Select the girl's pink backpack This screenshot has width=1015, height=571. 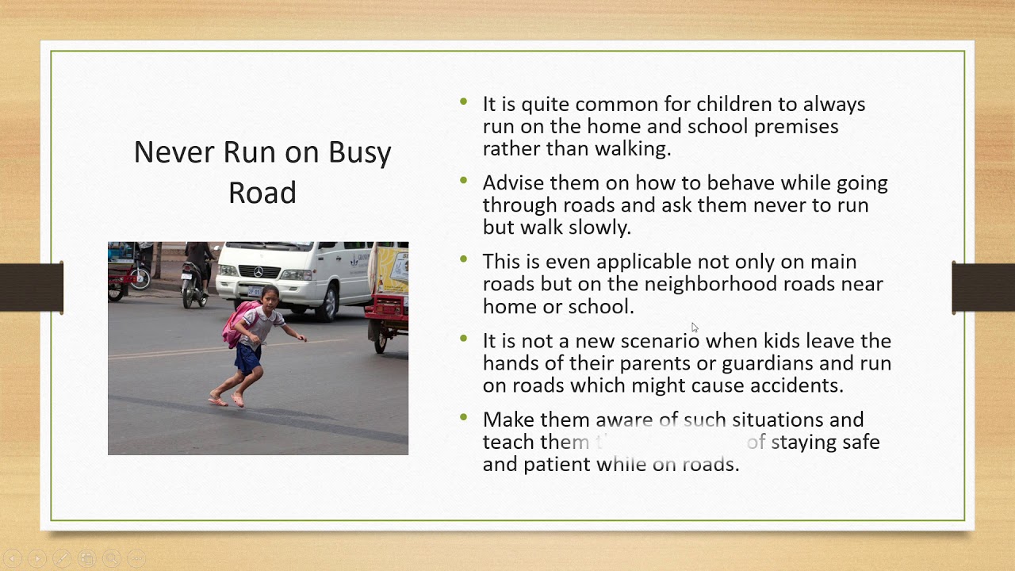(237, 324)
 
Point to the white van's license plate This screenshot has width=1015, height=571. (254, 291)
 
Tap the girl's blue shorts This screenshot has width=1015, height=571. (248, 358)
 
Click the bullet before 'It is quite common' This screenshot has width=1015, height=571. (464, 102)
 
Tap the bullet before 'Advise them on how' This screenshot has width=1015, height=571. (464, 182)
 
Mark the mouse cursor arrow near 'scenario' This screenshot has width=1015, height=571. (695, 328)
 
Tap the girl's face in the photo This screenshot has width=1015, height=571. (270, 298)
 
